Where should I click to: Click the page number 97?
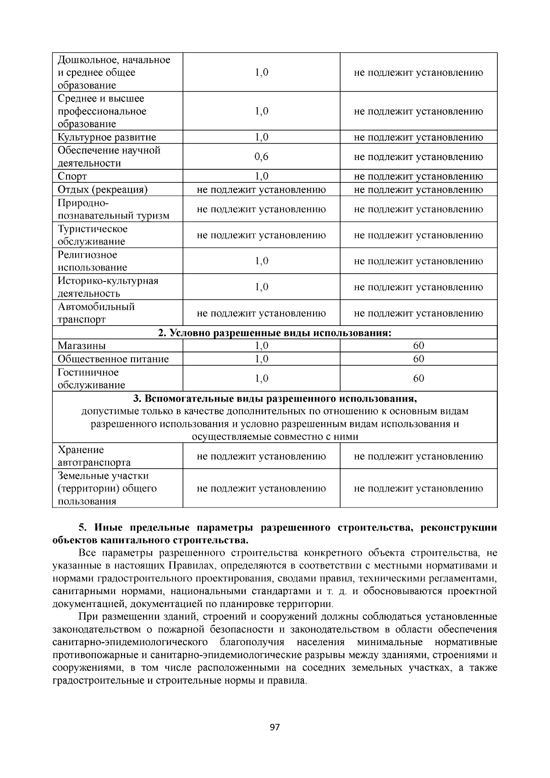click(275, 728)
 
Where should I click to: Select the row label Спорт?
click(72, 177)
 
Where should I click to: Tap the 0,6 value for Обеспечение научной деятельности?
click(261, 157)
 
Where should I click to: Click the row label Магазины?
click(82, 346)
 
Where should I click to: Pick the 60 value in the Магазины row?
click(418, 346)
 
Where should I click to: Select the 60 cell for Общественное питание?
click(418, 359)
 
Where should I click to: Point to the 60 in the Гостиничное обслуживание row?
click(418, 378)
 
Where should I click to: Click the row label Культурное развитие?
click(107, 137)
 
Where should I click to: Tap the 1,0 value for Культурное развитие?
click(261, 137)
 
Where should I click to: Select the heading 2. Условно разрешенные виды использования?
click(275, 333)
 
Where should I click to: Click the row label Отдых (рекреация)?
click(103, 190)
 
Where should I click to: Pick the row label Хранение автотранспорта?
click(94, 456)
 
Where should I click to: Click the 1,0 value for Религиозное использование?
click(261, 261)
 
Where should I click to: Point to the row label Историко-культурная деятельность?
click(108, 287)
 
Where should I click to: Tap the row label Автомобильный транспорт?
click(96, 313)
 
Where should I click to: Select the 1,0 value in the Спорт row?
click(261, 177)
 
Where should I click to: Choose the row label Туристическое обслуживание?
click(93, 235)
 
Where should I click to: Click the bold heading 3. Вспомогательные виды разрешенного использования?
click(275, 398)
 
